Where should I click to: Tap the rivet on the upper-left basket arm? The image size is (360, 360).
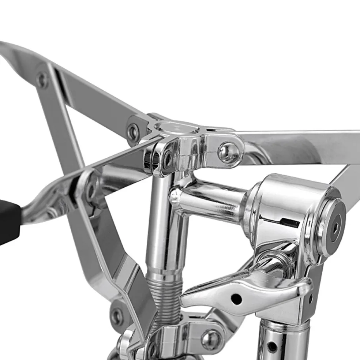(43, 79)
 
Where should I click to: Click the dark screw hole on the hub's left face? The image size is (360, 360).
(168, 160)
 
